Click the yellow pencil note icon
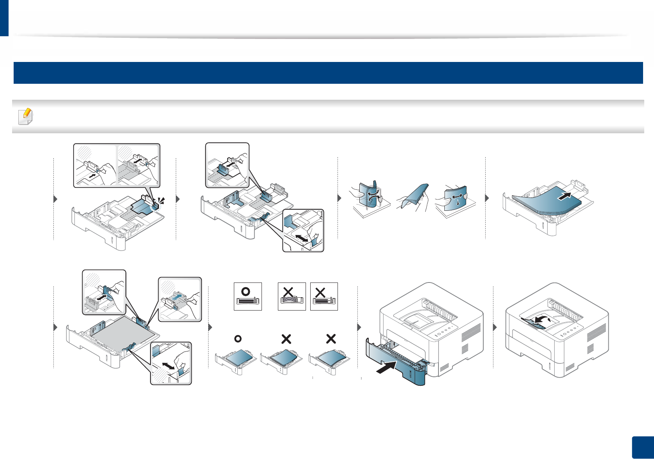tap(26, 116)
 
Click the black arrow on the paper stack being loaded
tap(566, 196)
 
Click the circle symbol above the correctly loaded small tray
tap(237, 339)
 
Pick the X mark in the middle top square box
tap(288, 292)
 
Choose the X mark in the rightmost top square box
tap(320, 292)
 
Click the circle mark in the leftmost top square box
tap(246, 291)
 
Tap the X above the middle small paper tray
tap(286, 339)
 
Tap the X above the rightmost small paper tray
tap(331, 339)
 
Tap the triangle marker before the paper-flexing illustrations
tap(339, 198)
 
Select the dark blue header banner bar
tap(328, 73)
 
